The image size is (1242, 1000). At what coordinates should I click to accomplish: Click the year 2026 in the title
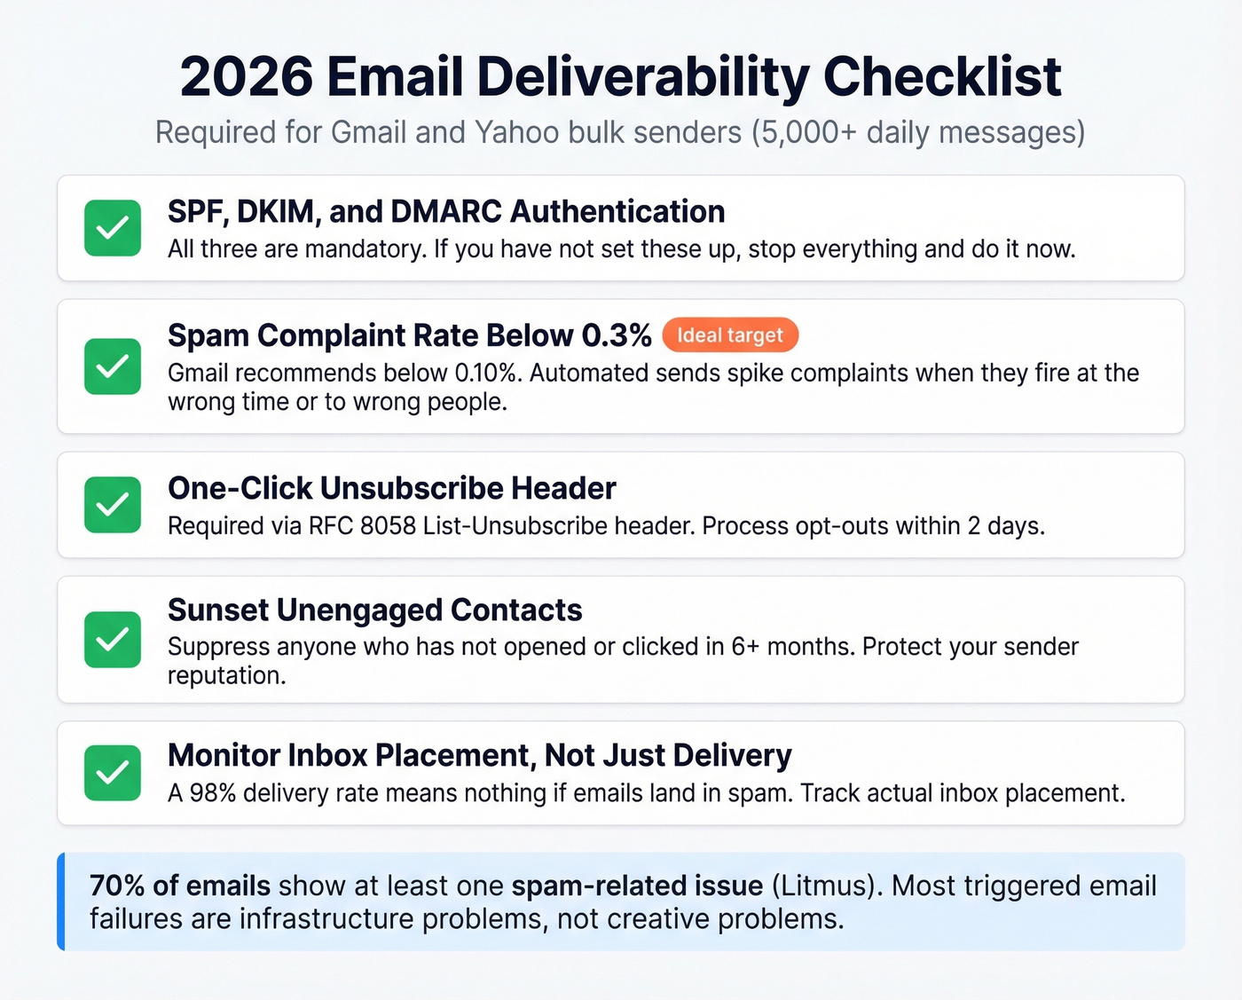246,77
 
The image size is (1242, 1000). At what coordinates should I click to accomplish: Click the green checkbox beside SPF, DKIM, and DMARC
113,228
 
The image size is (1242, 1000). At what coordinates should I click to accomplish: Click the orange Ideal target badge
730,335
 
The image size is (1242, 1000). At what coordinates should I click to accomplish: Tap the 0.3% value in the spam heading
616,335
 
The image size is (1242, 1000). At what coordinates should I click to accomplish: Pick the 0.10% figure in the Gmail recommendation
485,373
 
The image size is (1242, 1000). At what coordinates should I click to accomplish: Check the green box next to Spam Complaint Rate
113,366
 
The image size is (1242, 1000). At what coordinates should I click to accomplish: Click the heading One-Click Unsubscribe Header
391,488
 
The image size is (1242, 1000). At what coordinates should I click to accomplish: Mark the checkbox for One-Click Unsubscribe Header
113,505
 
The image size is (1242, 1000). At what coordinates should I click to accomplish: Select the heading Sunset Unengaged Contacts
374,610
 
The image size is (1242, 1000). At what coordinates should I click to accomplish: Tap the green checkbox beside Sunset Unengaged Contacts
113,640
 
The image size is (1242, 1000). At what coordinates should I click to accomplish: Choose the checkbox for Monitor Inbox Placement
113,773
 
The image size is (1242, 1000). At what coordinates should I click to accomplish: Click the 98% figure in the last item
213,793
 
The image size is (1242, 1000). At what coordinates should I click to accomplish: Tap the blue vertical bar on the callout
61,902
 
